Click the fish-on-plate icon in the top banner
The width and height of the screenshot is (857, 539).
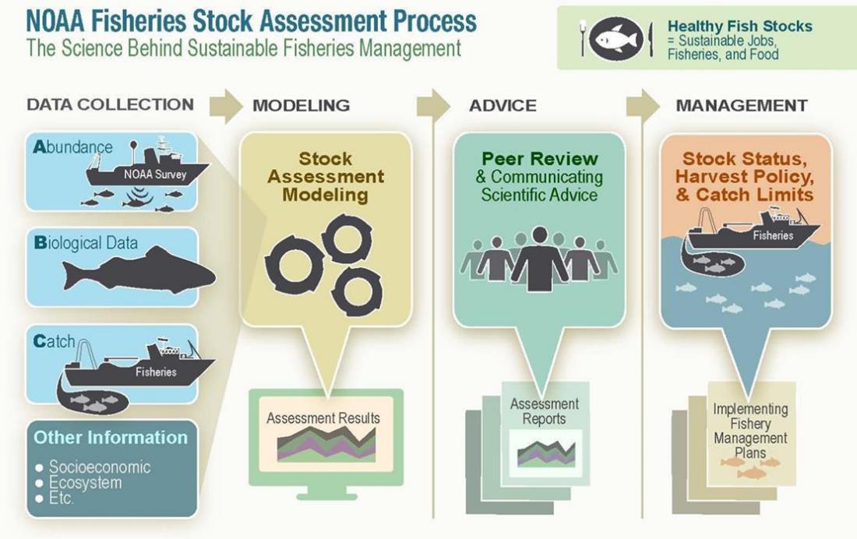[x=616, y=37]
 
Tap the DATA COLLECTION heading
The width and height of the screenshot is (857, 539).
[x=110, y=104]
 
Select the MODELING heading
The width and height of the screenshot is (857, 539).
[x=301, y=105]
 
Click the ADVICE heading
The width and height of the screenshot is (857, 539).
[x=503, y=105]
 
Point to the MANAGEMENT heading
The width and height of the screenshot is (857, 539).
[x=741, y=105]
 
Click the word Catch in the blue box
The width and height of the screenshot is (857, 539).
[x=55, y=341]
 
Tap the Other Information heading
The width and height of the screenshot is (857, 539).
[x=110, y=437]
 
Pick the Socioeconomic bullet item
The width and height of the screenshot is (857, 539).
[x=100, y=467]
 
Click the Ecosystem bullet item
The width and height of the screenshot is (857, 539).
[x=86, y=483]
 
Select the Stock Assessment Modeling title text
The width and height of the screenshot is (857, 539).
[x=326, y=177]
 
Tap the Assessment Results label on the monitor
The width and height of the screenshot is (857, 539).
[x=323, y=418]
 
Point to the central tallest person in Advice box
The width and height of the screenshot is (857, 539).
[x=539, y=257]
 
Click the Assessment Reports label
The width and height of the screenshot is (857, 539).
[x=544, y=411]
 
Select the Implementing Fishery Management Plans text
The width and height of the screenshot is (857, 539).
[x=750, y=431]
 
